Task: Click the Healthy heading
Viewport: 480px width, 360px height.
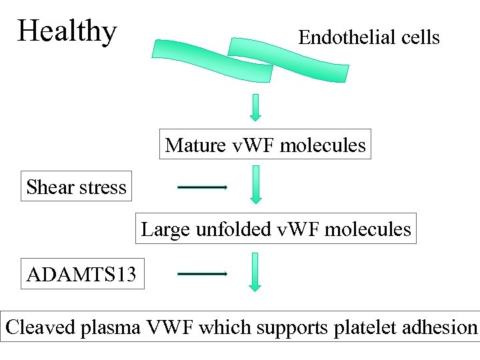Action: click(67, 31)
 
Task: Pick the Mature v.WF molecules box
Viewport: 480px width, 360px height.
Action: click(265, 145)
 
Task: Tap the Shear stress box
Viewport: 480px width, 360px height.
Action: click(76, 187)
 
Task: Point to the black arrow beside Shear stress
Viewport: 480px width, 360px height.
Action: click(203, 187)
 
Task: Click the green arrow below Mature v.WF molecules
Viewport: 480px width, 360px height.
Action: click(255, 184)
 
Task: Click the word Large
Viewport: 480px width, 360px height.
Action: click(166, 229)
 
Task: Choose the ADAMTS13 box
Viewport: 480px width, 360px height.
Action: click(83, 274)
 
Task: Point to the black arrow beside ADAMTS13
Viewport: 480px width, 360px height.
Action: click(203, 274)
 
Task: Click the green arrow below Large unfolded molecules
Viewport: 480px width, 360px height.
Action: click(255, 271)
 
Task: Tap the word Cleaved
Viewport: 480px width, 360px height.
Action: click(41, 327)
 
